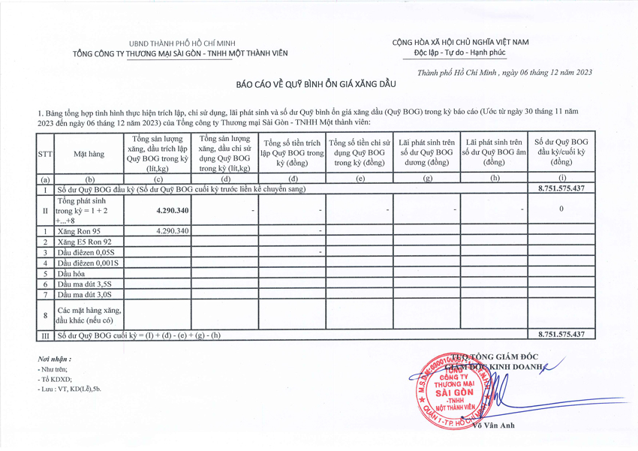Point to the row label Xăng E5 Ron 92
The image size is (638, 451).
click(85, 242)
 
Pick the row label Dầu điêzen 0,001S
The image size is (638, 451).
click(89, 263)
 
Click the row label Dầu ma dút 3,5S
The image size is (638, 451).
click(85, 284)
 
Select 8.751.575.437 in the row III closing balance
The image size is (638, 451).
click(561, 334)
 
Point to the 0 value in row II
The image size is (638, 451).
click(561, 209)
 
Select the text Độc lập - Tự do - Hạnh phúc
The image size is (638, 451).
click(460, 53)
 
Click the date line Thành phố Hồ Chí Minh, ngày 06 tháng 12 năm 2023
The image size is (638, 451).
click(505, 72)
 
